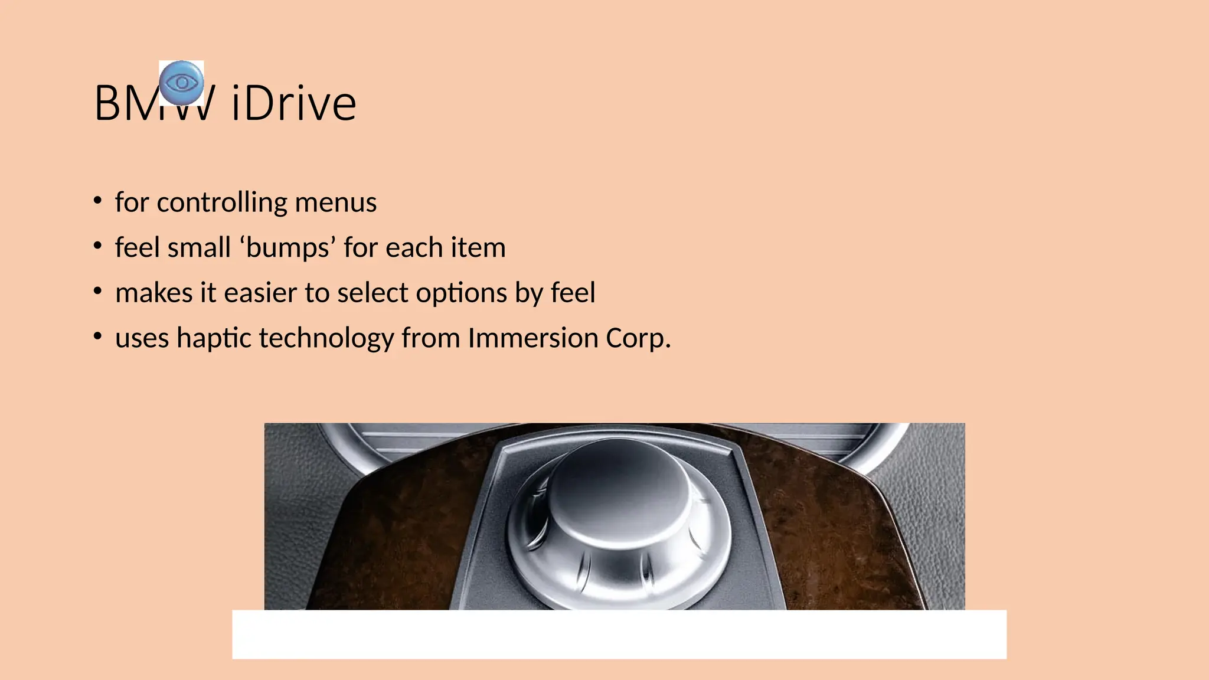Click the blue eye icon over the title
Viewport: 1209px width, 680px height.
pyautogui.click(x=182, y=83)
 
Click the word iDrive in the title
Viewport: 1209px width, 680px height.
pyautogui.click(x=294, y=104)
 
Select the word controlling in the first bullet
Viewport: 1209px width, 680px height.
pyautogui.click(x=222, y=202)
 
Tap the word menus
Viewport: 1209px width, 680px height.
pyautogui.click(x=335, y=202)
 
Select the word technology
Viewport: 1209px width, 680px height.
pyautogui.click(x=326, y=338)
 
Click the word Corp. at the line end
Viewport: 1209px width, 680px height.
pyautogui.click(x=638, y=338)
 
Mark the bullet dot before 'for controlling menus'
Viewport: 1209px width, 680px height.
pyautogui.click(x=98, y=201)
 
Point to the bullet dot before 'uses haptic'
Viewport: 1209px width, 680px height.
pyautogui.click(x=98, y=336)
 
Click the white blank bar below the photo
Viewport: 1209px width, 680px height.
pyautogui.click(x=619, y=634)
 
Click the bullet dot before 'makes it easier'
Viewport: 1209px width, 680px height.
pyautogui.click(x=98, y=291)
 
